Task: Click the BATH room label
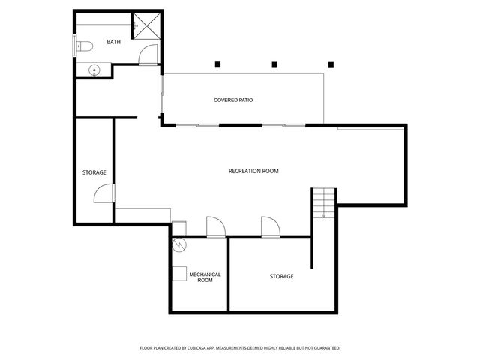coord(113,42)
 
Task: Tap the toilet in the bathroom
coord(83,46)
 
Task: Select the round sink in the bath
coord(94,70)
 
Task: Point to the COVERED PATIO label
coord(232,100)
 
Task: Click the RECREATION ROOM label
coord(253,171)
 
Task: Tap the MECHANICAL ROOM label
coord(205,277)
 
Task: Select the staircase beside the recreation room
coord(324,202)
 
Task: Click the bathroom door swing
coord(149,55)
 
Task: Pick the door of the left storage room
coord(103,193)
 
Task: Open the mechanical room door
coord(215,226)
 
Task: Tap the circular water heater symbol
coord(179,245)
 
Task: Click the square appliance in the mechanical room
coord(180,273)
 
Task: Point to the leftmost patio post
coord(217,63)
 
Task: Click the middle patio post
coord(274,63)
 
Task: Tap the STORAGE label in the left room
coord(94,172)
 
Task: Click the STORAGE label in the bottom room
coord(281,276)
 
